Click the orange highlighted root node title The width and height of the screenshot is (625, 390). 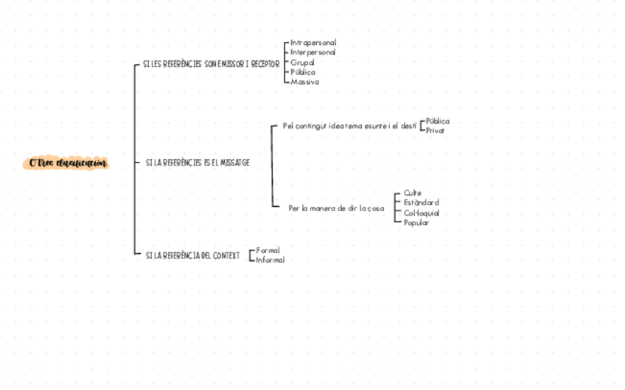coord(66,163)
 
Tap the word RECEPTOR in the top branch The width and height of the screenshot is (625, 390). coord(265,65)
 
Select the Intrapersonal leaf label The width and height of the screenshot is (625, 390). coord(313,43)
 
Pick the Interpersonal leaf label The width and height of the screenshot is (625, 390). coord(313,52)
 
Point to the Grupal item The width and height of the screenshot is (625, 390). coord(303,63)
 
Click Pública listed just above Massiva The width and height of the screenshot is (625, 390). coord(303,72)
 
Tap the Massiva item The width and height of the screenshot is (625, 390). coord(305,82)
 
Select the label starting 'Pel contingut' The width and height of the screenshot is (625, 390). coord(349,126)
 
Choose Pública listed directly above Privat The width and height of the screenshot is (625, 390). coord(438,121)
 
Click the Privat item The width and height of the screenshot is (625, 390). coord(436,130)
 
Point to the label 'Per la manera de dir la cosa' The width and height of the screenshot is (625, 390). coord(336,208)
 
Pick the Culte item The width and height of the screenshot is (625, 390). coord(413,193)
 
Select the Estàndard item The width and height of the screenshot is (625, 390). coord(422,202)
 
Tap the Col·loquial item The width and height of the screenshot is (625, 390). coord(422,213)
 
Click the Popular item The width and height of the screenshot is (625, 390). coord(416,222)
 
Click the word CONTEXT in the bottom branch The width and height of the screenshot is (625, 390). coord(226,255)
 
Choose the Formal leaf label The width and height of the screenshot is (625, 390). coord(268,250)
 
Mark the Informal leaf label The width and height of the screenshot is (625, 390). coord(270,260)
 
